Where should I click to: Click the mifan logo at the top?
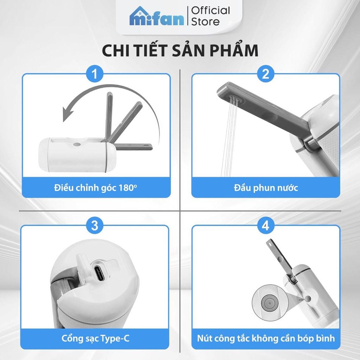click(156, 17)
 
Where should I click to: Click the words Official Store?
click(210, 16)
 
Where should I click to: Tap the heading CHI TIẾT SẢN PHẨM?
click(180, 50)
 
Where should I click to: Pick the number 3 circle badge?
click(95, 225)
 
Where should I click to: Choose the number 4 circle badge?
click(265, 225)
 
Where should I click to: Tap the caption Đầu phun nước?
click(266, 187)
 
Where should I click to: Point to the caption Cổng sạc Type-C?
click(95, 339)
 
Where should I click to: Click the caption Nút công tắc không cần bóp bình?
click(266, 339)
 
